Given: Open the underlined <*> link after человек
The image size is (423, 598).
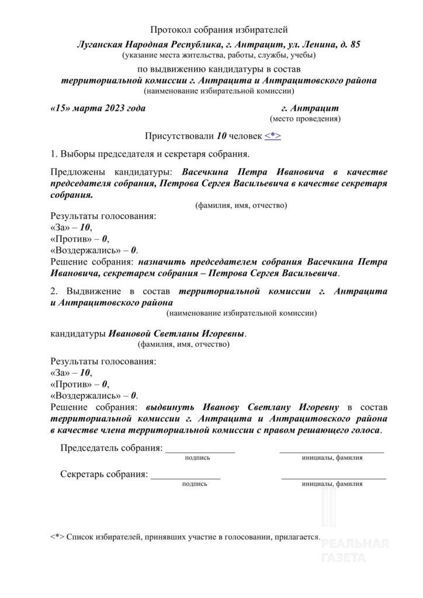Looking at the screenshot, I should pos(273,137).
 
